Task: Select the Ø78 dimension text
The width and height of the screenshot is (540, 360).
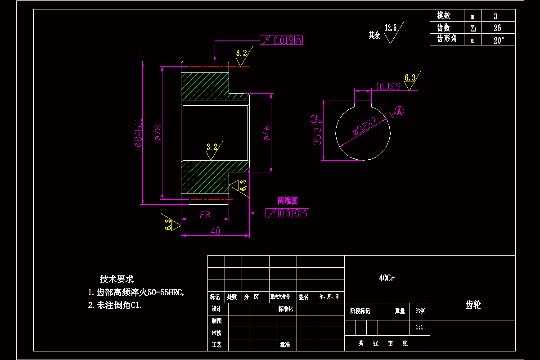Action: click(157, 133)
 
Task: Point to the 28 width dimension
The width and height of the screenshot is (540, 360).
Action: click(205, 215)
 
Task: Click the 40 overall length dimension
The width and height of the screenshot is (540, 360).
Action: click(215, 231)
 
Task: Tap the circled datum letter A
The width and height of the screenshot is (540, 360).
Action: click(400, 110)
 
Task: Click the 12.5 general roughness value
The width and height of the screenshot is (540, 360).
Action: click(391, 28)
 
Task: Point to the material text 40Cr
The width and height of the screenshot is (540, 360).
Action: click(387, 279)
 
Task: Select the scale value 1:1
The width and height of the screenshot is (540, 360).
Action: click(419, 327)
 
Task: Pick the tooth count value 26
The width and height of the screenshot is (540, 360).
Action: click(497, 27)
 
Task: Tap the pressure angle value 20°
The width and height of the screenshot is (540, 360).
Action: click(498, 40)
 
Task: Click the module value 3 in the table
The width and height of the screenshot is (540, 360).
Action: click(495, 16)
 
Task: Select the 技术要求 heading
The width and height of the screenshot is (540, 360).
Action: click(117, 279)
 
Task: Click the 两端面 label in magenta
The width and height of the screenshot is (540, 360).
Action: click(288, 201)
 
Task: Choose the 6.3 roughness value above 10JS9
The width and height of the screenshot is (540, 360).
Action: click(410, 77)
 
